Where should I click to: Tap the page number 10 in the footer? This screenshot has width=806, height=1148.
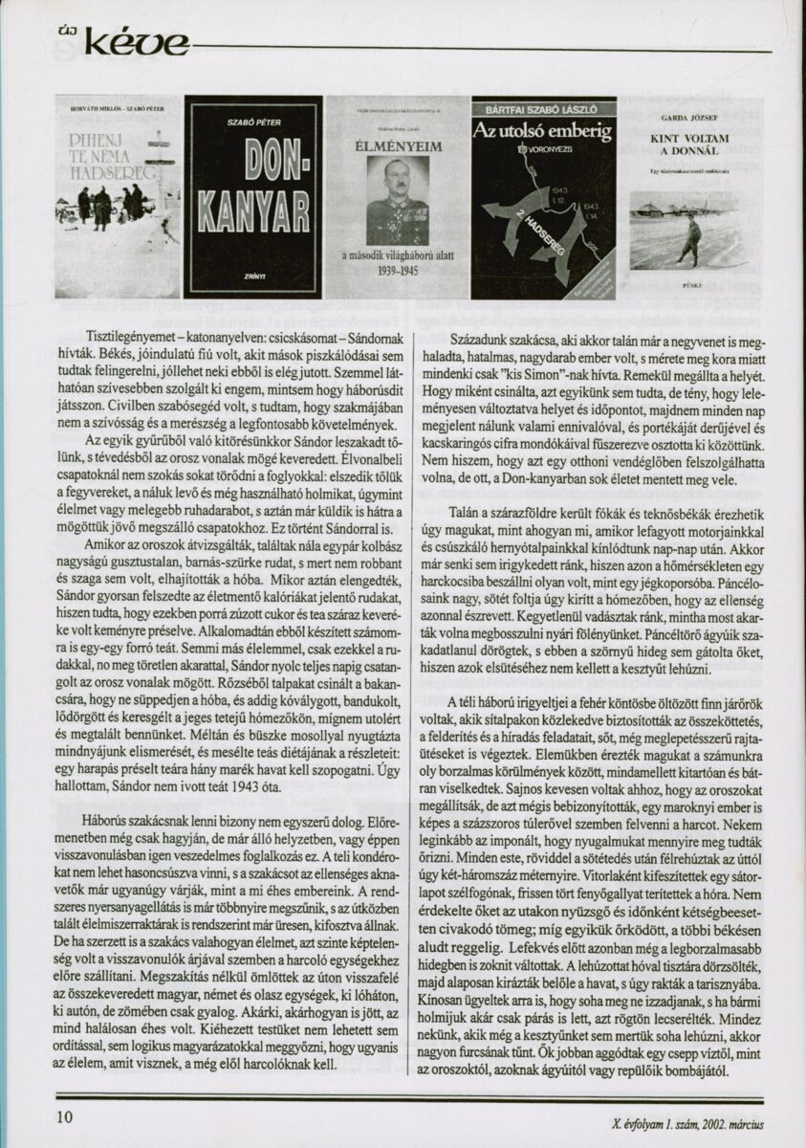(65, 1115)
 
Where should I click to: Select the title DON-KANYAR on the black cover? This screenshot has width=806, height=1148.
(253, 182)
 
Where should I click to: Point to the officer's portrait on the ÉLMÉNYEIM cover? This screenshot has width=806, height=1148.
(397, 202)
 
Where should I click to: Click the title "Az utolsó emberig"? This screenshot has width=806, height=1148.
(543, 130)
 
